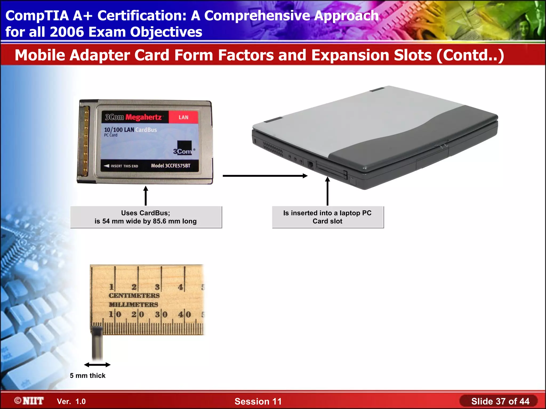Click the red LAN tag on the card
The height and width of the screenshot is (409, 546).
[183, 117]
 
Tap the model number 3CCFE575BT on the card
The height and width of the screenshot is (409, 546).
[171, 166]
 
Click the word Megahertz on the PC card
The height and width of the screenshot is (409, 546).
[143, 117]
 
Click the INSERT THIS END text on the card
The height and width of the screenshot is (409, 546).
[124, 166]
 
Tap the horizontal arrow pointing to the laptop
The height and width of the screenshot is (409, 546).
[265, 176]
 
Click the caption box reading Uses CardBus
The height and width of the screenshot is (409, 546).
[146, 217]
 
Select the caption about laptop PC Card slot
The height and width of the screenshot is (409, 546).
[327, 217]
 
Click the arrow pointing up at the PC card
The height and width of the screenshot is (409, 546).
[146, 196]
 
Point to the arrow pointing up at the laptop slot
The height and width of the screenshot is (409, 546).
[327, 191]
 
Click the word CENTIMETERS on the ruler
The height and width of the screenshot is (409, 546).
[134, 296]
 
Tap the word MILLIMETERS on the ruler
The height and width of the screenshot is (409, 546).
[133, 305]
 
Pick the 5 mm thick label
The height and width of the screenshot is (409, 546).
[87, 375]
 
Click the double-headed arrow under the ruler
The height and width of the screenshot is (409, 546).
[97, 365]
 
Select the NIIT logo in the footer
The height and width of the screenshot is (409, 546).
[29, 401]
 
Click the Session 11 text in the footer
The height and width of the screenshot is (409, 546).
[258, 401]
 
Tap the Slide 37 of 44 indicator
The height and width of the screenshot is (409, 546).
[500, 401]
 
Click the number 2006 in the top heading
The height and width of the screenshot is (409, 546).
[67, 32]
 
